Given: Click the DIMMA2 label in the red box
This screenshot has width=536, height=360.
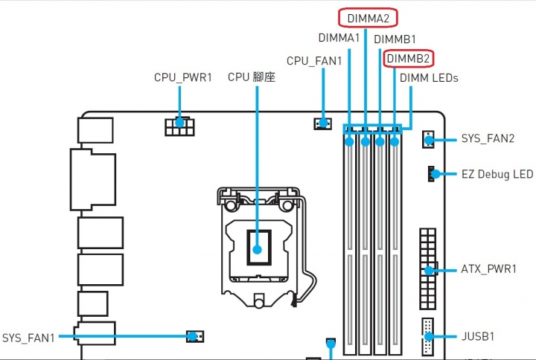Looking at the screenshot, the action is [368, 18].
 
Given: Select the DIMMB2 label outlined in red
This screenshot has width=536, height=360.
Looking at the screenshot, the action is [408, 59].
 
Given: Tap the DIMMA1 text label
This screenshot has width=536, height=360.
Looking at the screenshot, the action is [339, 38].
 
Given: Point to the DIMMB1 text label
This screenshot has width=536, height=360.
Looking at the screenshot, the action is [395, 39].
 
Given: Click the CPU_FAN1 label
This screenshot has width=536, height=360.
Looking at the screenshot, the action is [314, 61].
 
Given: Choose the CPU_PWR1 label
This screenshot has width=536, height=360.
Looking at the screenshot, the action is [183, 77].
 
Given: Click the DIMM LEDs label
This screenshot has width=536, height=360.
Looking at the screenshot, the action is [429, 78].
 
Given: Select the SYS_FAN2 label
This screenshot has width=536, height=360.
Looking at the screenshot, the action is [488, 138].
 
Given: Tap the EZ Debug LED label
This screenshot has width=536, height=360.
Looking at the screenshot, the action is [497, 174].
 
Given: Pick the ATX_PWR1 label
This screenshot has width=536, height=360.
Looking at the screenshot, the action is [488, 269].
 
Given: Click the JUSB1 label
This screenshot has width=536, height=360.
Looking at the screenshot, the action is [478, 336].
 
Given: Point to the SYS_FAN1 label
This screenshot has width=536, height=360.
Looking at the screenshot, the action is [28, 338].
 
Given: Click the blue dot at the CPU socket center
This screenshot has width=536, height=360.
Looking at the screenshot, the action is [257, 250].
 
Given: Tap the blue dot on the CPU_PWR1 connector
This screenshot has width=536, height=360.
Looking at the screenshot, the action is [180, 122].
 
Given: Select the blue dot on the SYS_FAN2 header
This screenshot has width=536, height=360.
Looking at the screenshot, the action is [429, 140].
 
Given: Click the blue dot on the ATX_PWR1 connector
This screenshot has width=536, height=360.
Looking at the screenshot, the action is [429, 271].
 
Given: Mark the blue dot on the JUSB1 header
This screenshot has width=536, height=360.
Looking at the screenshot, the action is [429, 336].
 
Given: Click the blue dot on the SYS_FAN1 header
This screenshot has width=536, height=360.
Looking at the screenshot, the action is [193, 336].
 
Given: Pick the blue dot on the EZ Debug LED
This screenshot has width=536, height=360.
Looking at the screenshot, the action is [435, 174].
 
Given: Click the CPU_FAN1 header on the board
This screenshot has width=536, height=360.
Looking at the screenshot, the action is [322, 123].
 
